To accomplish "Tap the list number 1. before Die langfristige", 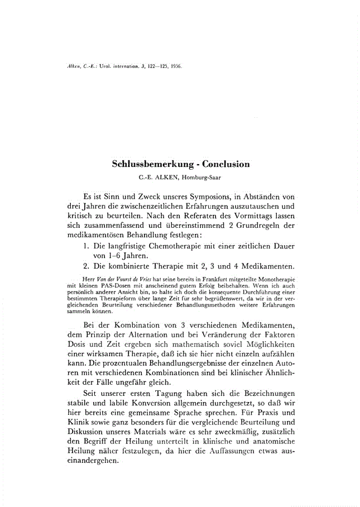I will click(86, 247).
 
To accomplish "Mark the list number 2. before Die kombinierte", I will click(86, 267).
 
